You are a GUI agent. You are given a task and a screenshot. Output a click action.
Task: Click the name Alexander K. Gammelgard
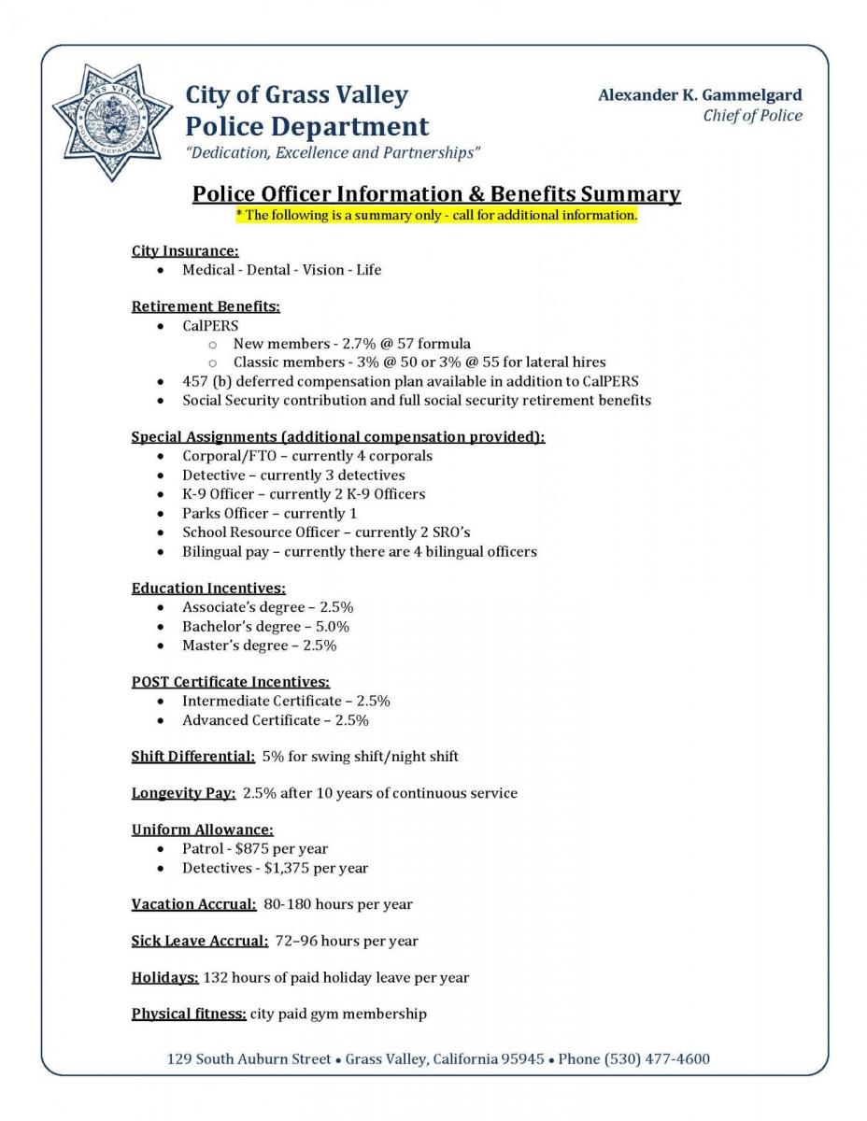coord(700,94)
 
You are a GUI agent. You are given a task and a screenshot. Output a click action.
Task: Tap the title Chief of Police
coord(752,116)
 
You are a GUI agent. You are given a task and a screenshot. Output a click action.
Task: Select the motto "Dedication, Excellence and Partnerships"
coord(334,152)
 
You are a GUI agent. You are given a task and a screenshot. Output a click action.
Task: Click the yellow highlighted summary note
coord(436,215)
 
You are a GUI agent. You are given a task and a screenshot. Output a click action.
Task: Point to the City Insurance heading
coord(185,250)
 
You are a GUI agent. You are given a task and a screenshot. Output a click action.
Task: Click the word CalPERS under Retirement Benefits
coord(210,326)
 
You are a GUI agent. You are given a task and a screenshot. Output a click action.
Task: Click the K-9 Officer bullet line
coord(303,494)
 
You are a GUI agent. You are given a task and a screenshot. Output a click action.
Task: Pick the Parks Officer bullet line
coord(269,513)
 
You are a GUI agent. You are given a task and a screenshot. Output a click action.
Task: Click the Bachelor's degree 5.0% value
coord(333,626)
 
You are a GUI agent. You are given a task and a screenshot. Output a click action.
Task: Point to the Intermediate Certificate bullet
coord(286,701)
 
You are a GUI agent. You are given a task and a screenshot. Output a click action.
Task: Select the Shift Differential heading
coord(193,756)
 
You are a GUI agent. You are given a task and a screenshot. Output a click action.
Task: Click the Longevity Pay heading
coord(183,793)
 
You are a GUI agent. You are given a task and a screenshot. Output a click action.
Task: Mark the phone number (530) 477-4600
coord(657,1058)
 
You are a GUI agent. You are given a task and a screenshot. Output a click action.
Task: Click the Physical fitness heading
coord(189,1014)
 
